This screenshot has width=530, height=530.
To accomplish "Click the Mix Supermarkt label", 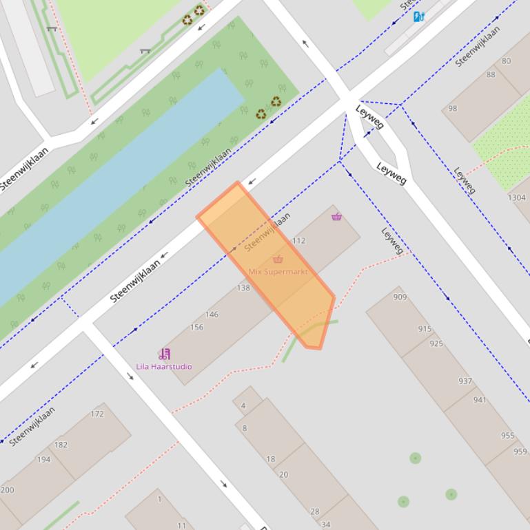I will (x=278, y=272).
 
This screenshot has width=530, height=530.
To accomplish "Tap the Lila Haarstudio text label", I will (x=164, y=367).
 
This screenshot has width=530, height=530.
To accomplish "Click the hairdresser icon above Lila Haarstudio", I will (x=164, y=354).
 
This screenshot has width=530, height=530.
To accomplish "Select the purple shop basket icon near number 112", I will (x=336, y=217).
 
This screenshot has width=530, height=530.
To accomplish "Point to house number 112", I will (x=298, y=241).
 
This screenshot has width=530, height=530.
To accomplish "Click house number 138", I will (x=243, y=288).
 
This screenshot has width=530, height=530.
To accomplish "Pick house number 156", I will (x=196, y=327).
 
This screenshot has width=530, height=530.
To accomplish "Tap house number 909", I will (x=400, y=297).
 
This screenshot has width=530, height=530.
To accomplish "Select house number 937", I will (x=465, y=381).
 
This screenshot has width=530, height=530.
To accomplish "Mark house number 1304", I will (x=516, y=198).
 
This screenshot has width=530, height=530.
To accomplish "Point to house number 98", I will (x=452, y=109).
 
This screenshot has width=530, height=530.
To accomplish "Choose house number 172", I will (x=97, y=414).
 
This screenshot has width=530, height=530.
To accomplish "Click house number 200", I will (x=7, y=490).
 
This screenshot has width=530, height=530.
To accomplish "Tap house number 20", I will (x=283, y=474).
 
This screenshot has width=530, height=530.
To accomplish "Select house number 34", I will (x=325, y=524).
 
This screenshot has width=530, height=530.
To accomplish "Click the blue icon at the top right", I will (x=418, y=17).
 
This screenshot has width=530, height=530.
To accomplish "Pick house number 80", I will (x=507, y=61).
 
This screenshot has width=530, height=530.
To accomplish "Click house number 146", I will (x=212, y=315).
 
